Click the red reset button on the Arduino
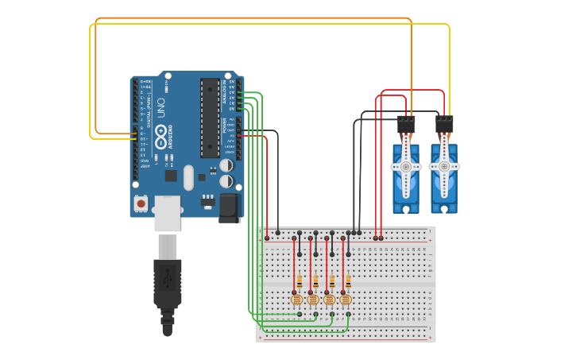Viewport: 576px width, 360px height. [141, 203]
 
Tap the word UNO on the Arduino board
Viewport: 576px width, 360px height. [160, 108]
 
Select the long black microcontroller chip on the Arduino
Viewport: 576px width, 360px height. [210, 118]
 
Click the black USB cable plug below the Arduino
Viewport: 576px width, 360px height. [167, 282]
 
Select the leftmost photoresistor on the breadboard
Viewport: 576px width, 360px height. [296, 300]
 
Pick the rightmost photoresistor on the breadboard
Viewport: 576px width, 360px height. [346, 300]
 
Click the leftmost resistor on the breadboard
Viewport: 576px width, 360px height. [299, 282]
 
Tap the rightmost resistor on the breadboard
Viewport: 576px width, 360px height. [347, 282]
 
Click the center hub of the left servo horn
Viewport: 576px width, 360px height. [406, 167]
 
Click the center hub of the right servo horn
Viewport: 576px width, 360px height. [444, 167]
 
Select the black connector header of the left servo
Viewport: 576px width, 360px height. [406, 125]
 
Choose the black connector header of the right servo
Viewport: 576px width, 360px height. [444, 125]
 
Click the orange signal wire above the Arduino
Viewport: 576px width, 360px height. [254, 17]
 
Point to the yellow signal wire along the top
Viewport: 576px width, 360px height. [270, 24]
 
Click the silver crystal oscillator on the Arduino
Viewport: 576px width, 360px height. [188, 177]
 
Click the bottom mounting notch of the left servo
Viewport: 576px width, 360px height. [406, 209]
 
